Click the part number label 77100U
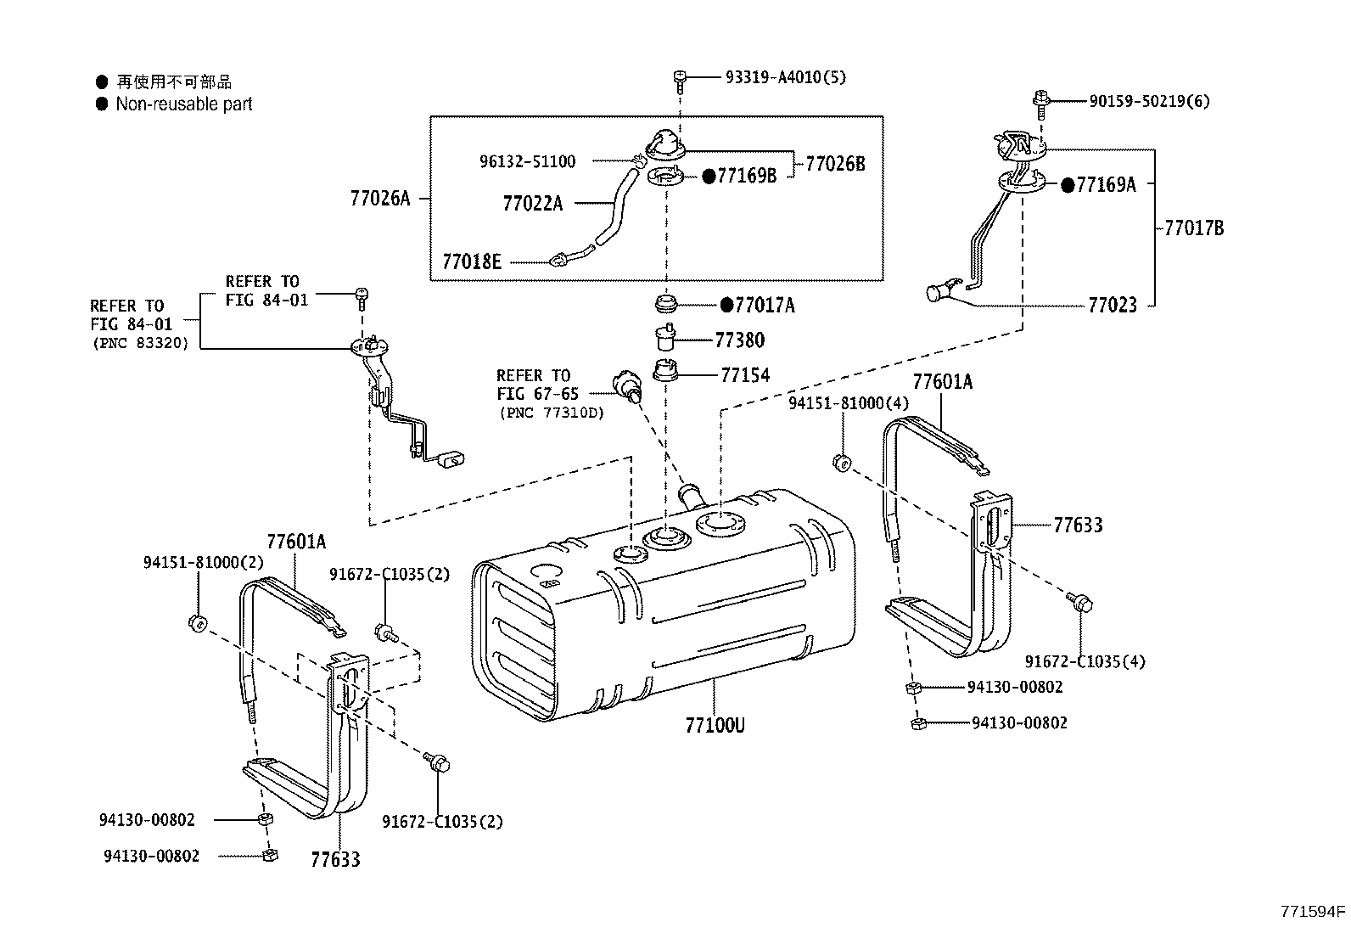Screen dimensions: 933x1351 click(715, 726)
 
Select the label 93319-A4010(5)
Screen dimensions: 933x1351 click(785, 77)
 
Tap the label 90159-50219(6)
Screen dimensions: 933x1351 click(1149, 101)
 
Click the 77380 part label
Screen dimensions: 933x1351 click(739, 340)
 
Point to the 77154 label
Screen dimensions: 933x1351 click(745, 374)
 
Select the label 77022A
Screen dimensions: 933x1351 click(532, 204)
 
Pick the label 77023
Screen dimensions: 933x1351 click(1112, 305)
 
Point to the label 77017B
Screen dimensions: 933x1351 click(1193, 228)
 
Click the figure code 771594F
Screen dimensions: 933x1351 click(1313, 913)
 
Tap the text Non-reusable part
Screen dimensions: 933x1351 click(184, 104)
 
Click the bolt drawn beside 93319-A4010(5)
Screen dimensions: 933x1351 click(679, 78)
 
